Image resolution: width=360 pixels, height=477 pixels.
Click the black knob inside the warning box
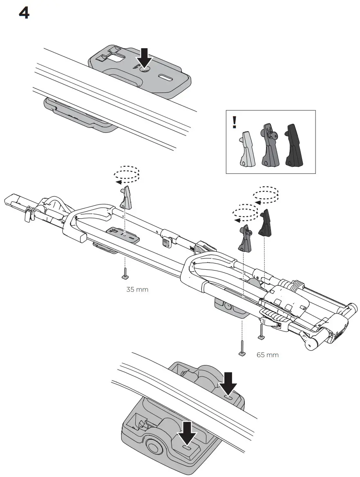[x=295, y=146]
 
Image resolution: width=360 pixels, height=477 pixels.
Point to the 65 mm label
[x=268, y=355]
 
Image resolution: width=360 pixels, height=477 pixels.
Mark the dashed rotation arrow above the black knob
[x=266, y=194]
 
